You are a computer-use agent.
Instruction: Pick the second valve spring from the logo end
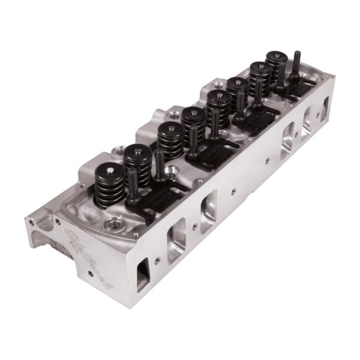(138, 162)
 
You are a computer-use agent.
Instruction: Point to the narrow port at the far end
(326, 108)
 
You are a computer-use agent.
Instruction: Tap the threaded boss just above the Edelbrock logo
(110, 225)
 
